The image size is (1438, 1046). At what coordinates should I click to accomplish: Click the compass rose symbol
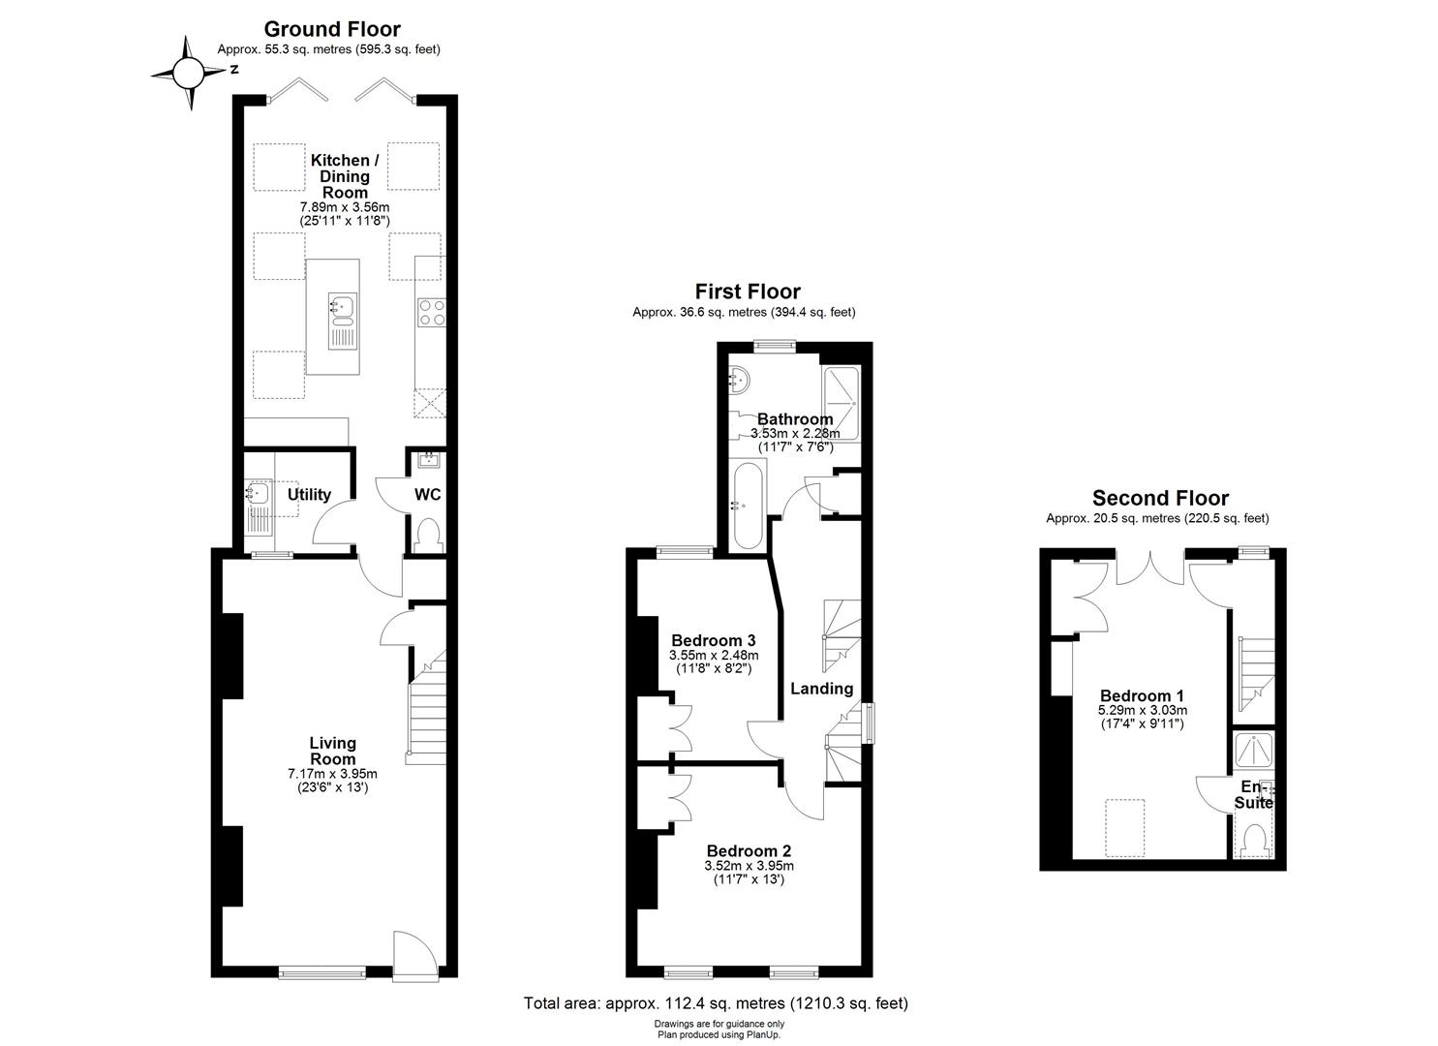pyautogui.click(x=190, y=72)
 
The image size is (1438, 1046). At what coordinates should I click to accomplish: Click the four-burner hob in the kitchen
pyautogui.click(x=432, y=312)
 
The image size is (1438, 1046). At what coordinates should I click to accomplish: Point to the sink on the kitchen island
pyautogui.click(x=342, y=307)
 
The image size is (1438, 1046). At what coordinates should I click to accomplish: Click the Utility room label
pyautogui.click(x=309, y=494)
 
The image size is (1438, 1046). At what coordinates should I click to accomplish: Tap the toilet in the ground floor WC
pyautogui.click(x=426, y=536)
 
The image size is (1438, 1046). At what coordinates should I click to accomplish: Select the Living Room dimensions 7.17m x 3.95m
pyautogui.click(x=332, y=774)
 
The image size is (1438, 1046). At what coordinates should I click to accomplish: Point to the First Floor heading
pyautogui.click(x=748, y=292)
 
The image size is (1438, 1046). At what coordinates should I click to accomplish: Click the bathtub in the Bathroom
pyautogui.click(x=749, y=505)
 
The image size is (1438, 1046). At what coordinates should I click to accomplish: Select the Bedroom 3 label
pyautogui.click(x=713, y=640)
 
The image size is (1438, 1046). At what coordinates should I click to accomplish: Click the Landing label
pyautogui.click(x=821, y=689)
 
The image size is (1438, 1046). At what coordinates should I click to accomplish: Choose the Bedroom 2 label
pyautogui.click(x=749, y=851)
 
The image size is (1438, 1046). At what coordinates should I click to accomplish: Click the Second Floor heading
pyautogui.click(x=1160, y=498)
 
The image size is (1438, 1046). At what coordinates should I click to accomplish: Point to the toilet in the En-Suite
pyautogui.click(x=1255, y=839)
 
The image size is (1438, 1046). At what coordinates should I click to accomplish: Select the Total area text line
pyautogui.click(x=716, y=1003)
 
